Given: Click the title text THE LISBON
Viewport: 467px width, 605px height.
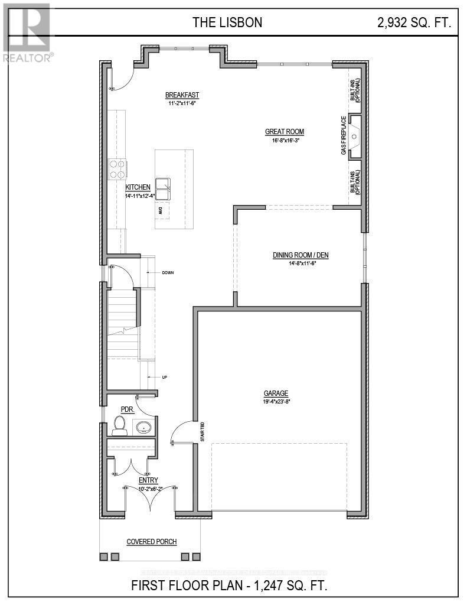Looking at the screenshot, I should (x=227, y=23).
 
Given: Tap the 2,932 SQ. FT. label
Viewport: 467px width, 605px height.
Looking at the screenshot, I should (x=414, y=23).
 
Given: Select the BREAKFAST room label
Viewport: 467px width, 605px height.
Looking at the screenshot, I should (x=182, y=95).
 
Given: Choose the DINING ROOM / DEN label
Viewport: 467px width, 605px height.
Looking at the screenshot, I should (x=300, y=255).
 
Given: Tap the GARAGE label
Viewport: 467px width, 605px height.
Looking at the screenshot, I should (x=276, y=393).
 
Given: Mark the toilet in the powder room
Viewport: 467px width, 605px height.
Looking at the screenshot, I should (x=120, y=425).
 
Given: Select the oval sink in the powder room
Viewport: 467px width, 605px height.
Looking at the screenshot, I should (x=143, y=427).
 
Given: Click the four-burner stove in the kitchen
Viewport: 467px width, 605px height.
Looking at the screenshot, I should (x=116, y=169).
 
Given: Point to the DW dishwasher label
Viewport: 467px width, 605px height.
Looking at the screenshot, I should (x=160, y=210).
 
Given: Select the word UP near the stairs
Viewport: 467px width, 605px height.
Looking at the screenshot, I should (x=165, y=376).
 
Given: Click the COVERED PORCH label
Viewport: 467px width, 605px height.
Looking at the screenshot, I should (x=152, y=542).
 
